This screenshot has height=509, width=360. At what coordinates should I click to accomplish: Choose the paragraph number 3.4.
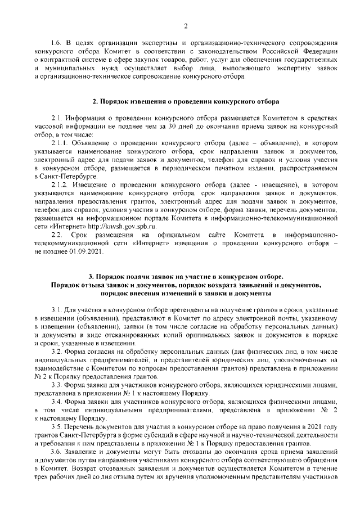tap(56, 401)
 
